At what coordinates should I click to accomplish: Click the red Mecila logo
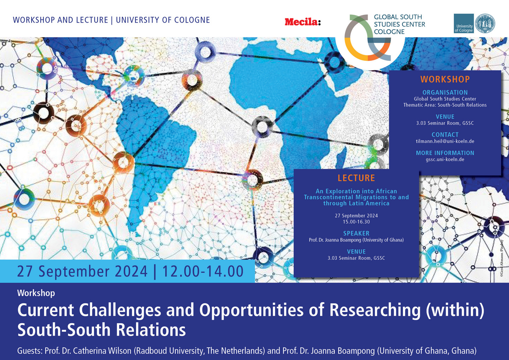[x=303, y=22]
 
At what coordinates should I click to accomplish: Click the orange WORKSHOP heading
[x=445, y=79]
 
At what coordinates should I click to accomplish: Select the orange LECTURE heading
[x=356, y=178]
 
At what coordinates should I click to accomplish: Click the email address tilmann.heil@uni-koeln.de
[x=445, y=141]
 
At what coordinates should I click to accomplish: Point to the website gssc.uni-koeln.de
[x=445, y=159]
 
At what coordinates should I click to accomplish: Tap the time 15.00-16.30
[x=356, y=222]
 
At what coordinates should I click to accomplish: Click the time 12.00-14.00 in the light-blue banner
[x=203, y=271]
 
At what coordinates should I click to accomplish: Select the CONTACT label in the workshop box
[x=445, y=135]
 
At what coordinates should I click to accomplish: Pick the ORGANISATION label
[x=445, y=93]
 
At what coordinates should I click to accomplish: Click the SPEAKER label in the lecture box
[x=356, y=233]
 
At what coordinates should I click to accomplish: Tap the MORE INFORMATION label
[x=445, y=153]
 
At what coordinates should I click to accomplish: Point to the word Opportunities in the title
[x=251, y=310]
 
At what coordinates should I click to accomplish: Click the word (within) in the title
[x=455, y=310]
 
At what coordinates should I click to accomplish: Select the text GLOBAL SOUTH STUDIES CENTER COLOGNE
[x=399, y=24]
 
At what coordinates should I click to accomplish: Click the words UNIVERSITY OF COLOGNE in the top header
[x=163, y=20]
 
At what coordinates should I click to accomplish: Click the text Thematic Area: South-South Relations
[x=445, y=105]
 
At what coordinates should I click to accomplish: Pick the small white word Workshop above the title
[x=36, y=293]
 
